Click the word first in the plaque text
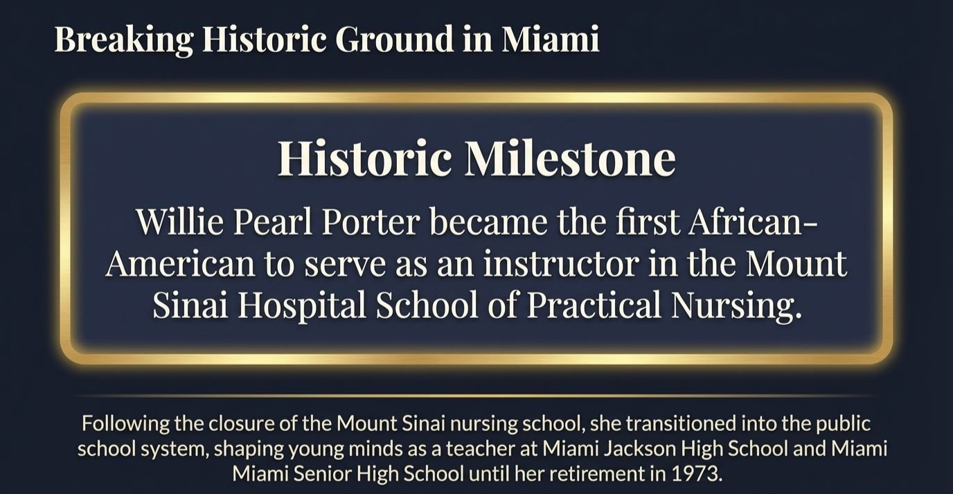click(x=648, y=222)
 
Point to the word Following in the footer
click(x=118, y=423)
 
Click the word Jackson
click(x=643, y=448)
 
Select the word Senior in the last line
click(x=312, y=475)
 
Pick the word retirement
click(x=609, y=475)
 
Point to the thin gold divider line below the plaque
click(x=476, y=396)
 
